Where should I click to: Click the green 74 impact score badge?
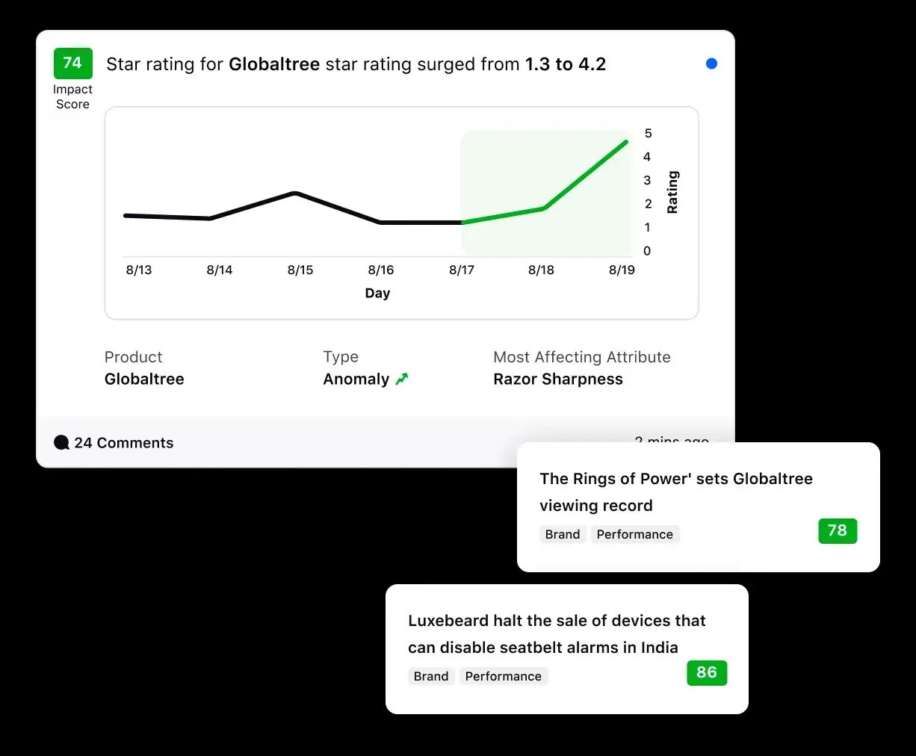pyautogui.click(x=72, y=63)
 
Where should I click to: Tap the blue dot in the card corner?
pyautogui.click(x=711, y=63)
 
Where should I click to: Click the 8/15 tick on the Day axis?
pyautogui.click(x=300, y=270)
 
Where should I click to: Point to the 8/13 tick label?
pyautogui.click(x=139, y=270)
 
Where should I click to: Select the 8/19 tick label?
pyautogui.click(x=622, y=270)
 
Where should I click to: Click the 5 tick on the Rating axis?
pyautogui.click(x=648, y=134)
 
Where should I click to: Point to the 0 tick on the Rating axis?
pyautogui.click(x=647, y=251)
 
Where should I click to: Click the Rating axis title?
pyautogui.click(x=672, y=192)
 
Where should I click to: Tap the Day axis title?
pyautogui.click(x=377, y=293)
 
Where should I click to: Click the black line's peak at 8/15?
pyautogui.click(x=296, y=193)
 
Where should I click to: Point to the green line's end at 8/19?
pyautogui.click(x=626, y=141)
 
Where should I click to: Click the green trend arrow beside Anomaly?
pyautogui.click(x=402, y=379)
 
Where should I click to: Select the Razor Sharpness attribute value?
pyautogui.click(x=557, y=379)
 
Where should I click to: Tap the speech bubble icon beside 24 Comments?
pyautogui.click(x=62, y=443)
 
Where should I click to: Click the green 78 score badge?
pyautogui.click(x=837, y=530)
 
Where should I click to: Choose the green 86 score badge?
pyautogui.click(x=706, y=672)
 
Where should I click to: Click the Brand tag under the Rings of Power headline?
pyautogui.click(x=562, y=534)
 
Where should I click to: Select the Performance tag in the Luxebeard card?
pyautogui.click(x=503, y=676)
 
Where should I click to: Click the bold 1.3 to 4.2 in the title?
pyautogui.click(x=565, y=64)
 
